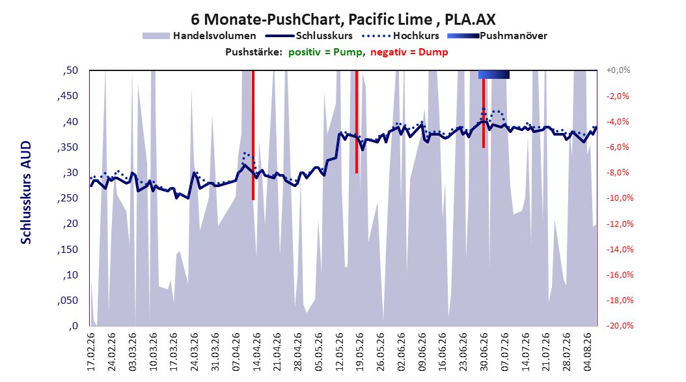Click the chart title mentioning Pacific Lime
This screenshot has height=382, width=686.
point(343,20)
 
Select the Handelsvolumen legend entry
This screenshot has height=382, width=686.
point(200,36)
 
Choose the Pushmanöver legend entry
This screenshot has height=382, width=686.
point(497,36)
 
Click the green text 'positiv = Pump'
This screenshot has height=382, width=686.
point(325,52)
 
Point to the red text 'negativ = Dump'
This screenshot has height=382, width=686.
point(409,52)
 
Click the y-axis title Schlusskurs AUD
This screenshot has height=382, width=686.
point(26,192)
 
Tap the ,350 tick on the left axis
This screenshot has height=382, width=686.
point(68,147)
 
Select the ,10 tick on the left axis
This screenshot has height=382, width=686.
point(70,275)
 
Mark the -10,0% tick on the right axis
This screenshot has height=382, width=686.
point(620,198)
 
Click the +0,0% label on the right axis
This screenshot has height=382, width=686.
point(618,70)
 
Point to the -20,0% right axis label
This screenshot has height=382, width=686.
point(620,326)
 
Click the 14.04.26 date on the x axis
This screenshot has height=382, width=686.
point(256,352)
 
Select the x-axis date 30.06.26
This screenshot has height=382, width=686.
point(484,352)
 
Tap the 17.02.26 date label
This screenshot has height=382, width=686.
point(91,352)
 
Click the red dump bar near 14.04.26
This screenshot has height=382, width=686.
point(253,135)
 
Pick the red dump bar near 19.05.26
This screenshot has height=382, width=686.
point(357,122)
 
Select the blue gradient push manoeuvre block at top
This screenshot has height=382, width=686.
point(494,74)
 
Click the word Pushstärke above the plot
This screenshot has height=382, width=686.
point(254,52)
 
